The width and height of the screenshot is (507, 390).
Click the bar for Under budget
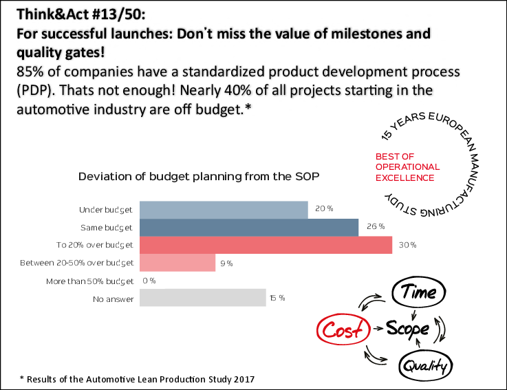tap(224, 209)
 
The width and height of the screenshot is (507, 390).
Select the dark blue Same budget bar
tap(249, 227)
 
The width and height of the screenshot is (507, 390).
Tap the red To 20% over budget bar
tap(266, 245)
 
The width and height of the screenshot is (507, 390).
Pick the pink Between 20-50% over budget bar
tap(177, 263)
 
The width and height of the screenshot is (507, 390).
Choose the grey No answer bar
tap(202, 298)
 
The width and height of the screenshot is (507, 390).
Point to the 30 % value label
tap(409, 245)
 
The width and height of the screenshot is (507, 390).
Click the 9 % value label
tap(226, 263)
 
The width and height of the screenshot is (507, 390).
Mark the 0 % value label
tap(149, 281)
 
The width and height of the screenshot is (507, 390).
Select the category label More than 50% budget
tap(90, 281)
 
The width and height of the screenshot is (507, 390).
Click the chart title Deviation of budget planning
tap(199, 176)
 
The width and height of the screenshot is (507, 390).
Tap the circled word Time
tap(420, 292)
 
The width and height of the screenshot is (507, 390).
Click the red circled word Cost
tap(343, 330)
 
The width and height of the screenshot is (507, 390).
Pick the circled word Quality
tap(426, 365)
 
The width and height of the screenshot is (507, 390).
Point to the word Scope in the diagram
tap(407, 329)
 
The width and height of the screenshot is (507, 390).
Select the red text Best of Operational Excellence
tap(407, 167)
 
